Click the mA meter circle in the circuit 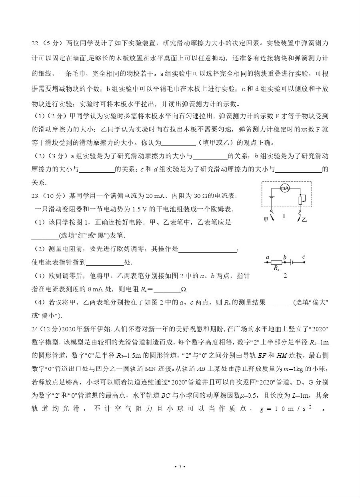click(x=284, y=188)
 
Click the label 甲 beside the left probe click(x=266, y=219)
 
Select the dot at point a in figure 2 click(x=266, y=263)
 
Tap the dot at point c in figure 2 click(x=304, y=263)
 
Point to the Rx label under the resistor click(x=276, y=269)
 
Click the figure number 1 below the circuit click(x=284, y=216)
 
